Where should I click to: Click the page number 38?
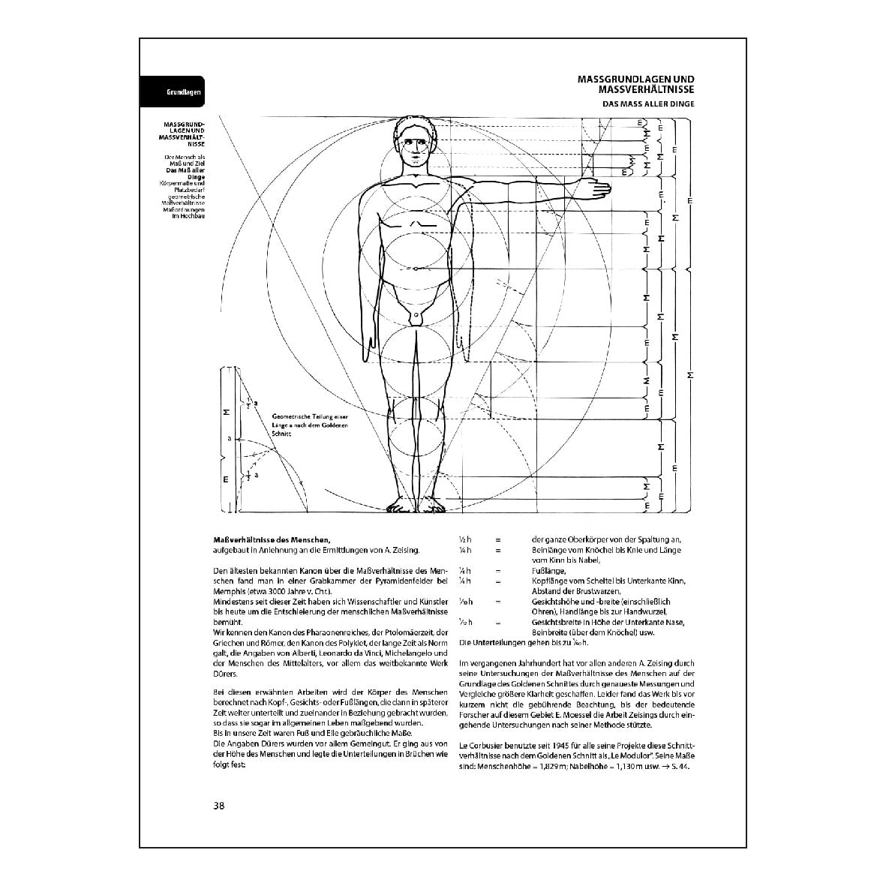click(x=219, y=806)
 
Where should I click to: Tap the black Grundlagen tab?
click(x=173, y=93)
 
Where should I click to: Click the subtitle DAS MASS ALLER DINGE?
click(x=650, y=104)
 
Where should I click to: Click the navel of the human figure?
click(x=413, y=269)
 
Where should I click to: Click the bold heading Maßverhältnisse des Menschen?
click(x=272, y=539)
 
